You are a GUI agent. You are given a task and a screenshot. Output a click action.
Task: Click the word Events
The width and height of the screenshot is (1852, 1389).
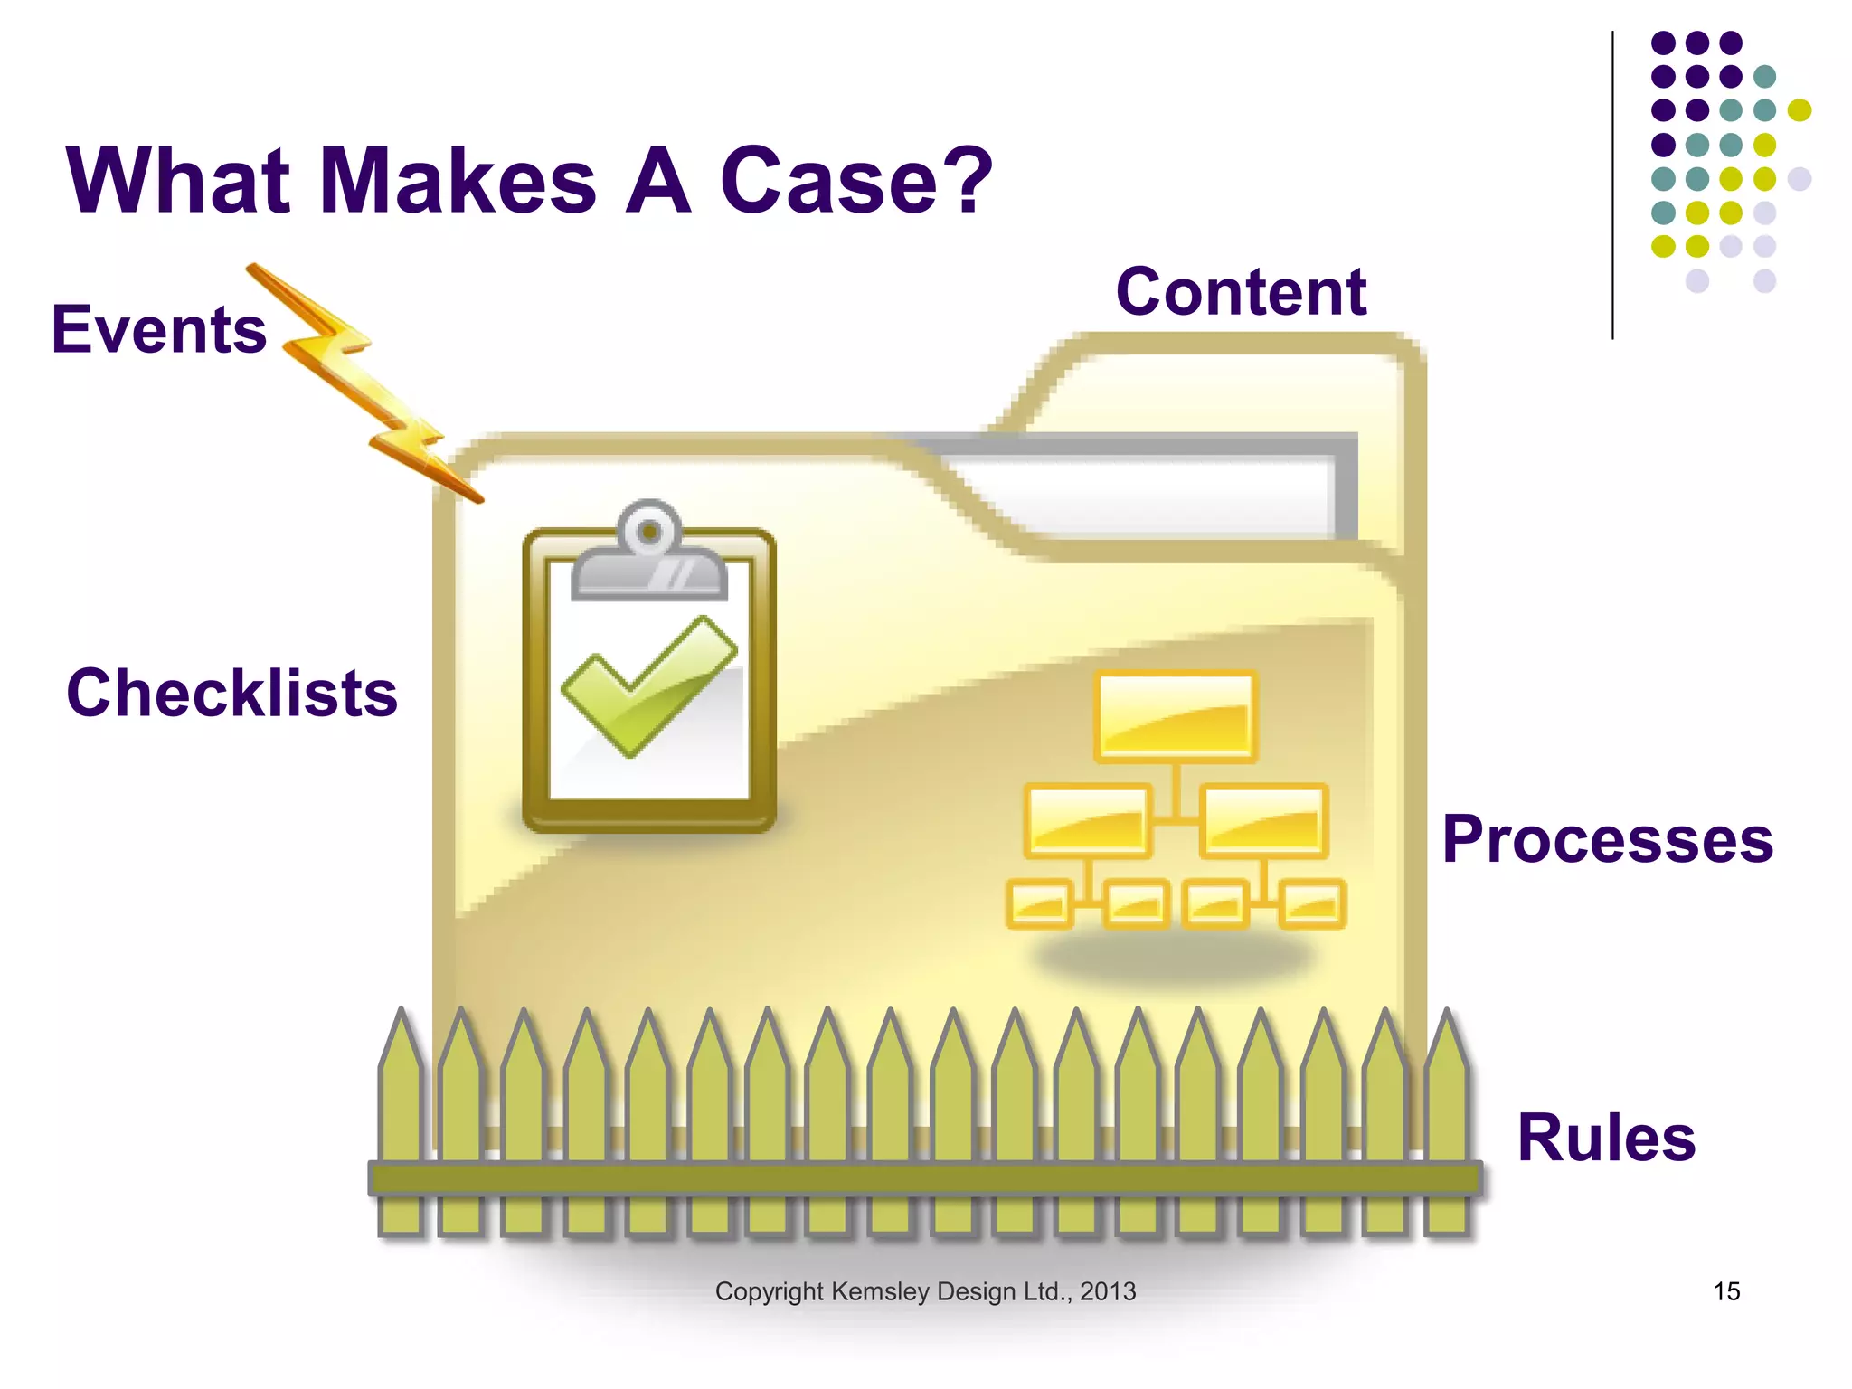[159, 330]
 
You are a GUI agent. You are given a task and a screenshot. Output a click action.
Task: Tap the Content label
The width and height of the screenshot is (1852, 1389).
[1241, 292]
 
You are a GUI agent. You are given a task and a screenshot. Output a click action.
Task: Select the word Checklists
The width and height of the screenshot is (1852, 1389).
[231, 694]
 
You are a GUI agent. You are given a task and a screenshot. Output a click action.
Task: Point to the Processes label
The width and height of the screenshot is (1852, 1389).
[1607, 840]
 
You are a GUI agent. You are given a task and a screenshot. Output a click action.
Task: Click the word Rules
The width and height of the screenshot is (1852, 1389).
[1606, 1138]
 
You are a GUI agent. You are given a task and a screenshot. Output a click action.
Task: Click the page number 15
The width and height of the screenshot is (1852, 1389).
[1726, 1291]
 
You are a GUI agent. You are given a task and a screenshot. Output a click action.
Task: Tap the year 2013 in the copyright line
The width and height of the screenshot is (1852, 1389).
[1108, 1291]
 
